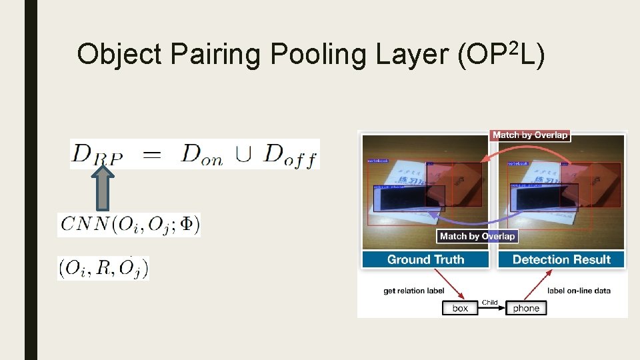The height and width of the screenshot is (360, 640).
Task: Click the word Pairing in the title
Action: point(215,54)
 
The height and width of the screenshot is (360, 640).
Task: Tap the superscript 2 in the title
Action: point(514,47)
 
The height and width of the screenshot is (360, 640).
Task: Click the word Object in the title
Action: point(119,54)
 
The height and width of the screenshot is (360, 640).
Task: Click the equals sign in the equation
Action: point(152,155)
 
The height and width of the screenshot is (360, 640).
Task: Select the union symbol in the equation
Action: point(243,155)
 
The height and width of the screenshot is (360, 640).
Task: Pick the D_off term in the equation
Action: point(290,154)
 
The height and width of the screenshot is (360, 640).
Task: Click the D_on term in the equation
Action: point(203,154)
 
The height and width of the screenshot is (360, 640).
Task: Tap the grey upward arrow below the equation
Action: point(102,189)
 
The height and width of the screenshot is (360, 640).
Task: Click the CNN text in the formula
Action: point(83,225)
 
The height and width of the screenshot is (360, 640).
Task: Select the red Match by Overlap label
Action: point(530,135)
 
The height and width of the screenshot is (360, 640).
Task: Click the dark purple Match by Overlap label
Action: point(477,236)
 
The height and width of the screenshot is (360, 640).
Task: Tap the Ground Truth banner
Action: point(426,259)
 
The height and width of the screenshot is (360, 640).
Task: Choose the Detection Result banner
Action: point(561,259)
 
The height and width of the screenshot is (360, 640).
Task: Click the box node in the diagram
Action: point(460,308)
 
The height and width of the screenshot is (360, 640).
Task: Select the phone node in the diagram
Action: point(526,308)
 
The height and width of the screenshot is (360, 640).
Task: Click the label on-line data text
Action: point(579,291)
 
